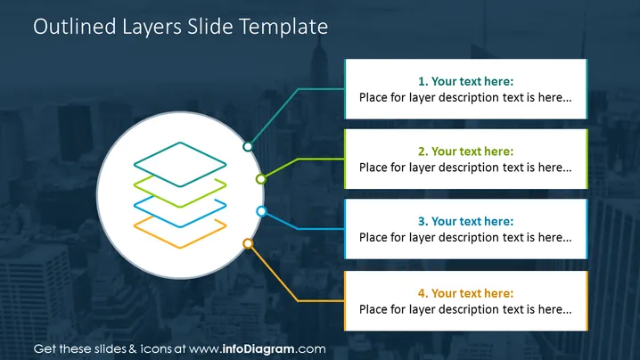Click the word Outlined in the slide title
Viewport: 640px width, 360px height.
(75, 27)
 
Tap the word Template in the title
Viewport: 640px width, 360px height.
(283, 27)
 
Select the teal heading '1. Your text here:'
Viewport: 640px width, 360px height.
(465, 81)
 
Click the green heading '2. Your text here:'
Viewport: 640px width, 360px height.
(465, 151)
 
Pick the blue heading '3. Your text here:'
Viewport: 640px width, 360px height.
(465, 221)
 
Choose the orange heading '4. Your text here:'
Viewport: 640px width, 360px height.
(465, 293)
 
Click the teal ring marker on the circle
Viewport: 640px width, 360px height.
(248, 146)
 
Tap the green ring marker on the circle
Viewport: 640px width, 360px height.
(261, 179)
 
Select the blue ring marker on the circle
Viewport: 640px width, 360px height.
(262, 211)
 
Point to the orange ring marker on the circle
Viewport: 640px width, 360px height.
(248, 243)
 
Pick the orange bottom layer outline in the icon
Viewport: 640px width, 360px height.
(180, 247)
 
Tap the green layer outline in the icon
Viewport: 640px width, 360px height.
(180, 206)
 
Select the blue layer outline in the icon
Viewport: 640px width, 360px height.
(180, 226)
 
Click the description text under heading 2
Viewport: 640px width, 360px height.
(465, 168)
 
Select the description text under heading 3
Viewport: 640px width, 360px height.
(465, 238)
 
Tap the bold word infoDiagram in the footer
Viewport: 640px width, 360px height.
(258, 349)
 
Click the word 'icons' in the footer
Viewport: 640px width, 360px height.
(156, 349)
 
